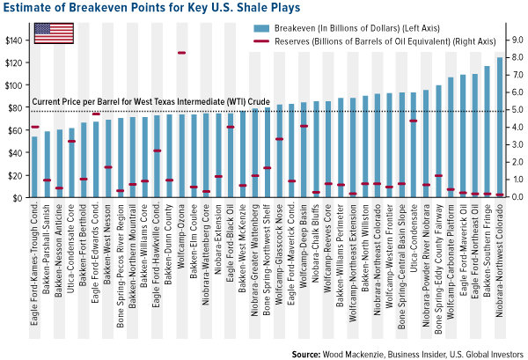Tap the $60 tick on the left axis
pos(15,130)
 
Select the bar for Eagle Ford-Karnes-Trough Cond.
pos(35,167)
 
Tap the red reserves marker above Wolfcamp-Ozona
pos(181,54)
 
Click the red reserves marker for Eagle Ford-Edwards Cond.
pos(96,114)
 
